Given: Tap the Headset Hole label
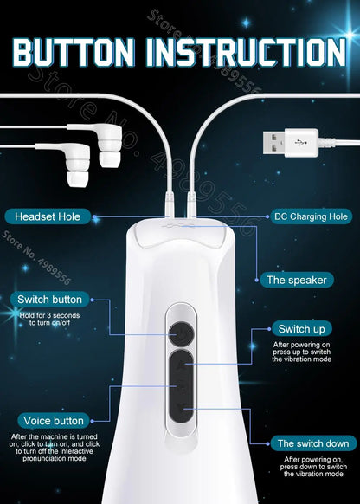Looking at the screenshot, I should point(50,216).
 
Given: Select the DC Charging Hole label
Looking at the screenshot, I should point(308,216).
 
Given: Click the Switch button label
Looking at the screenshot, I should point(48,300).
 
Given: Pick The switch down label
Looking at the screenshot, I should point(311,443).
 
